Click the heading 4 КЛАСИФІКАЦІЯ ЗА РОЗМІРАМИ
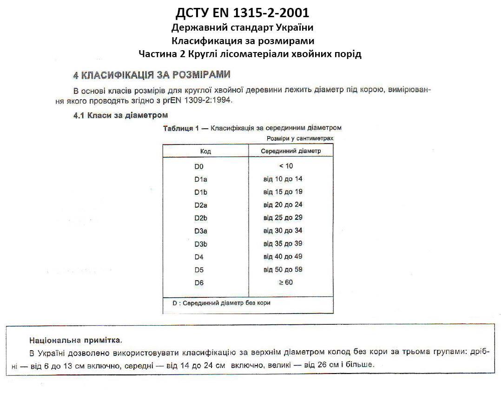[x=152, y=75]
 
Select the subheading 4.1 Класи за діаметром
[x=120, y=115]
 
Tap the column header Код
[x=205, y=151]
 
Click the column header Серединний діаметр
[x=290, y=151]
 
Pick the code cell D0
[x=199, y=166]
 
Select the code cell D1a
[x=201, y=179]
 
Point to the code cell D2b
[x=201, y=218]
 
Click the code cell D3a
[x=201, y=231]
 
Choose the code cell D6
[x=199, y=282]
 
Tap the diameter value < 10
[x=286, y=166]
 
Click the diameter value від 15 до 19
[x=283, y=192]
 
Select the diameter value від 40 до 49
[x=283, y=256]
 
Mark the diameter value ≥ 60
[x=286, y=282]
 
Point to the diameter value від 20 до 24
[x=283, y=205]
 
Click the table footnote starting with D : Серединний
[x=221, y=303]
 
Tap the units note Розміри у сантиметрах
[x=300, y=138]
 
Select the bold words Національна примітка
[x=73, y=340]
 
